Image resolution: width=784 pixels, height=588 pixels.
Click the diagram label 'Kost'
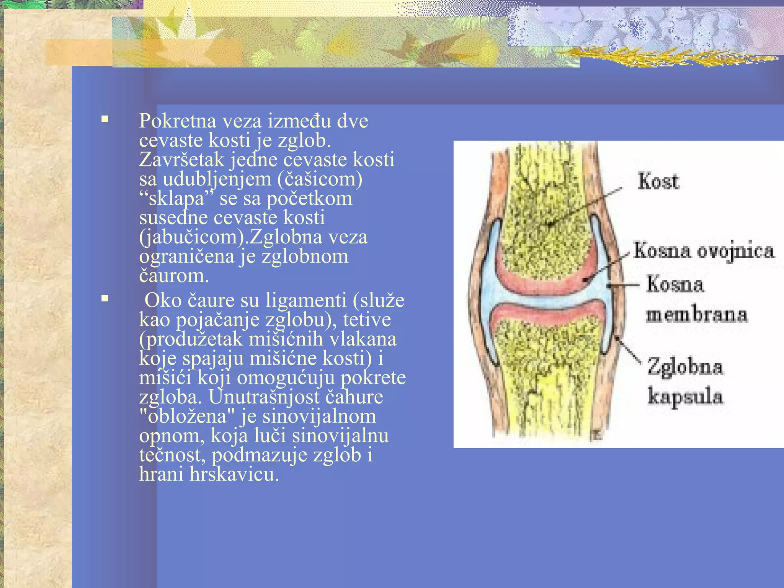coord(658,181)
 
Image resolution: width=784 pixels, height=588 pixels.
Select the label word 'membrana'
coord(696,315)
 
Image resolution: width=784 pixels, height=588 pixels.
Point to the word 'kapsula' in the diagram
coord(685,396)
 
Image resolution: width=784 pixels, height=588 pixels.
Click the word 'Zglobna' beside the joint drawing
coord(685,367)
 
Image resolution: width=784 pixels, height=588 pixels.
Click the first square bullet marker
coord(105,119)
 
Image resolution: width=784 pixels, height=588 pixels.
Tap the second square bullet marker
coord(105,298)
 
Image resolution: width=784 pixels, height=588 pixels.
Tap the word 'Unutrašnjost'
coord(264,397)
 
